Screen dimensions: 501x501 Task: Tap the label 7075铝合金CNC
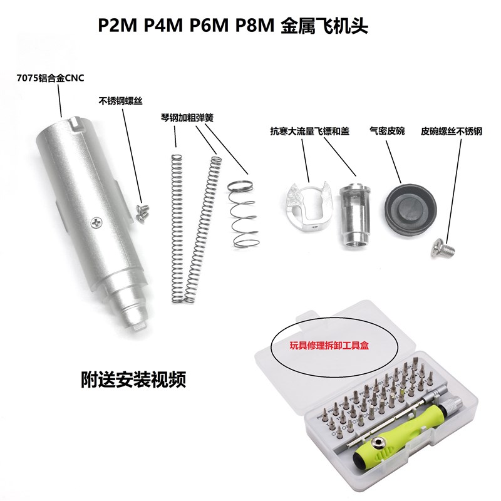(50, 78)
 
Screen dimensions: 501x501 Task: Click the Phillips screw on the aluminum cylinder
(96, 221)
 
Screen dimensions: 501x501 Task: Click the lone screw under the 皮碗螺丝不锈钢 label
(436, 249)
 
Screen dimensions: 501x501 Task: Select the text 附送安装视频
(133, 380)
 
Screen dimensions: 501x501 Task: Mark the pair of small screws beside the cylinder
(142, 211)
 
